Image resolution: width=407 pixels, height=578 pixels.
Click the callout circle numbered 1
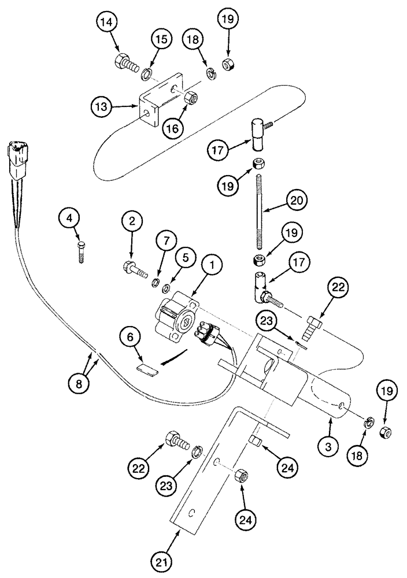(212, 266)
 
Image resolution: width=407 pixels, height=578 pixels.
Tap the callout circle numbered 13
(102, 106)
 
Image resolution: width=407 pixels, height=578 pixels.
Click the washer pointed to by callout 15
(148, 73)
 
